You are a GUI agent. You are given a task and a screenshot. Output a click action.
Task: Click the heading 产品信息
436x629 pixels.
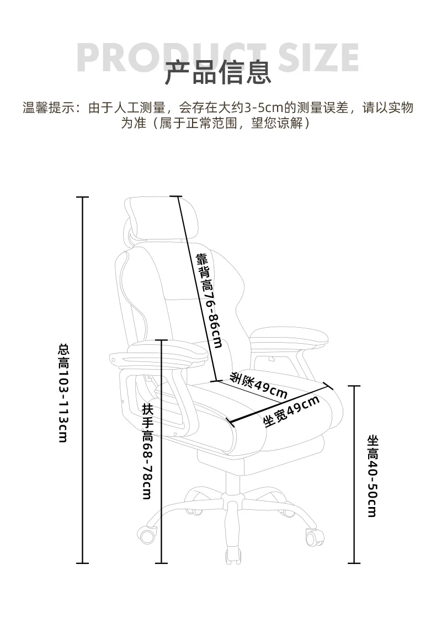click(218, 73)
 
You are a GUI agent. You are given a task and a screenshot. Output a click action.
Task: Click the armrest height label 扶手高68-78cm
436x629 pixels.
click(147, 451)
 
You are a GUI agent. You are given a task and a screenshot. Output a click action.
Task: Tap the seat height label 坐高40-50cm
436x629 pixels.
click(373, 476)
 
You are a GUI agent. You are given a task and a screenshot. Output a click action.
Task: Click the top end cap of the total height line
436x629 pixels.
click(83, 197)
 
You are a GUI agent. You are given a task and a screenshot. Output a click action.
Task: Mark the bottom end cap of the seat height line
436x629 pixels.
click(354, 563)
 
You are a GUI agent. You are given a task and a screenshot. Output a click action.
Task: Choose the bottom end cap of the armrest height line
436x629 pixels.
click(161, 563)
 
